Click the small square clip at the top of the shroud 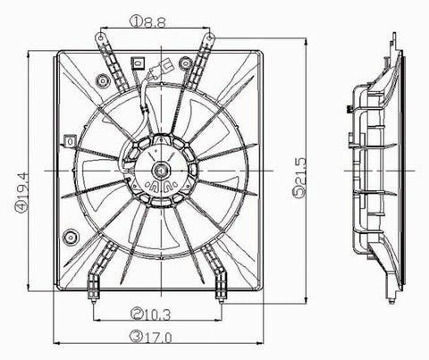137,63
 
